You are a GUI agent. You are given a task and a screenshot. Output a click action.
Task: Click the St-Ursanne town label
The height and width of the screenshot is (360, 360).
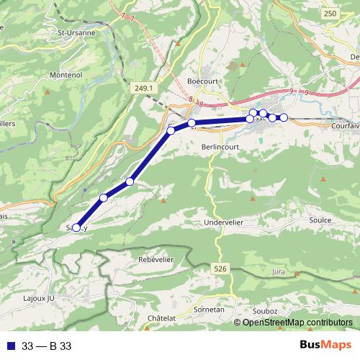[x=76, y=32]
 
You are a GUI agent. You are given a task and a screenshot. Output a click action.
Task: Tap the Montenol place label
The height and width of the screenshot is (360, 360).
[x=66, y=74]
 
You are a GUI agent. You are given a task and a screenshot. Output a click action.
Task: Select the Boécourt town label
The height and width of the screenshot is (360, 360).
[x=201, y=81]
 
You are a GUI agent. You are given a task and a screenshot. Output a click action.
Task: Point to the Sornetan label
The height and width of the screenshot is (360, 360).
[x=210, y=309]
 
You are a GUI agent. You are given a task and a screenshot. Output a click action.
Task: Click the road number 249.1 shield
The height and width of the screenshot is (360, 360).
[x=144, y=88]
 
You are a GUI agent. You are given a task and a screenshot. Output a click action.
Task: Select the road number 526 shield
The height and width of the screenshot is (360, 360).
[x=221, y=268]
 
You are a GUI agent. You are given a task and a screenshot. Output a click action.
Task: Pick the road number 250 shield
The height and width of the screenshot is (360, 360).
[x=330, y=14]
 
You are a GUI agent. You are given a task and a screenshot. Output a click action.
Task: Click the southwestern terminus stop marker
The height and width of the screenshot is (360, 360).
[x=77, y=228]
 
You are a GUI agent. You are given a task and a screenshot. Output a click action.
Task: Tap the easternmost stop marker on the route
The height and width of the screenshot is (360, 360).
[x=284, y=117]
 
